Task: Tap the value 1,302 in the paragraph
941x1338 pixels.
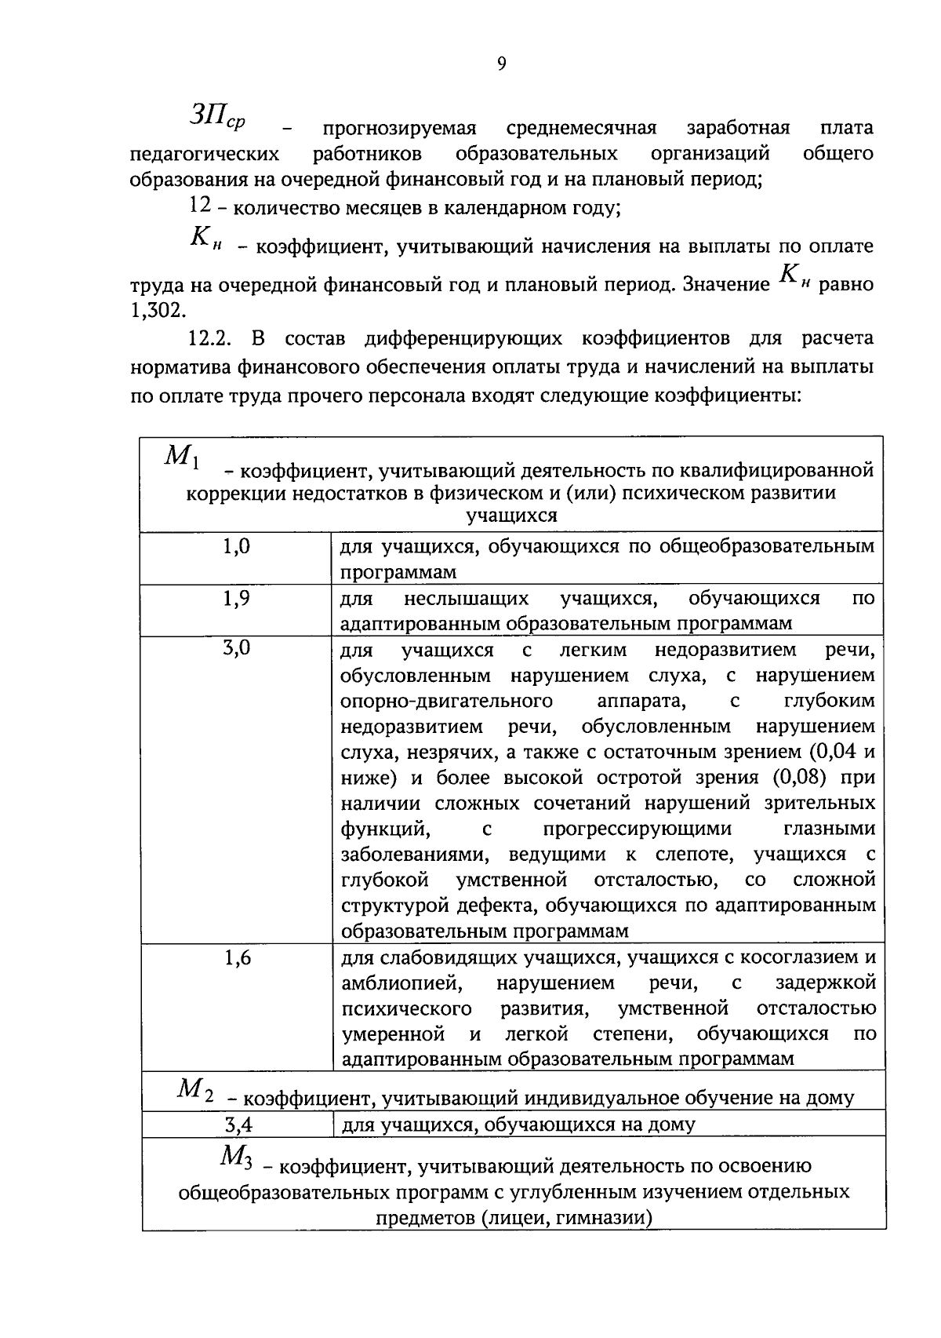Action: click(154, 310)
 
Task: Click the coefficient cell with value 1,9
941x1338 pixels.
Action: click(237, 599)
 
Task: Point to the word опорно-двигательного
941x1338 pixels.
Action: click(446, 700)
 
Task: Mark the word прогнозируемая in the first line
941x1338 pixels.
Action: click(400, 128)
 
